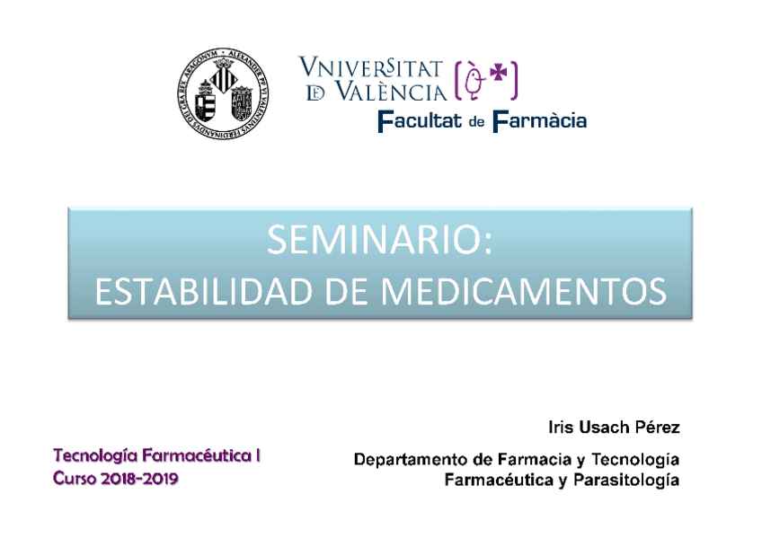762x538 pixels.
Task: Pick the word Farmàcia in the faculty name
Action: point(539,120)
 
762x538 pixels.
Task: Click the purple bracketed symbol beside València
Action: point(487,80)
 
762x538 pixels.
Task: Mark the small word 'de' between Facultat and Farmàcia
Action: point(476,122)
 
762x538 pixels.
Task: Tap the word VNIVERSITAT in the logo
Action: point(370,68)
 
